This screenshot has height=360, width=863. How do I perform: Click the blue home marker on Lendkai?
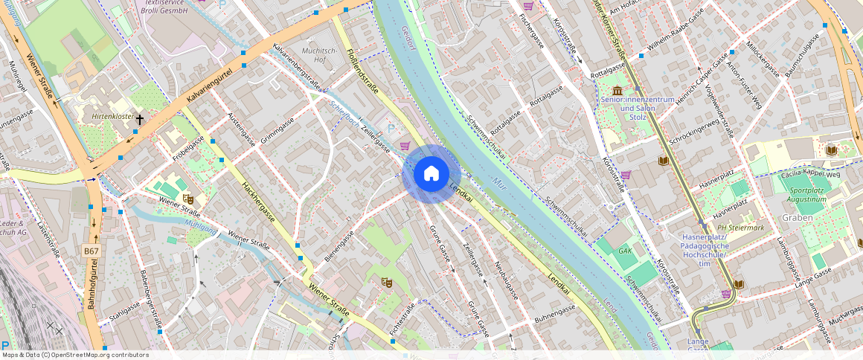pos(431,174)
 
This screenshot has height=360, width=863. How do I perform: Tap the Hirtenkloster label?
pos(112,118)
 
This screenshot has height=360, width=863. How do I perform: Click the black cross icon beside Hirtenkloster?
pos(139,118)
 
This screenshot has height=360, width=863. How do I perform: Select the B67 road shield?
pos(91,251)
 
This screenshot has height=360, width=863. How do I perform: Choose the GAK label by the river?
pos(625,251)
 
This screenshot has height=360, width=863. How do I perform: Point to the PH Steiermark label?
pos(740,228)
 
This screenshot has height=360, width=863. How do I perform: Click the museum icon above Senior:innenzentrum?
pos(617,89)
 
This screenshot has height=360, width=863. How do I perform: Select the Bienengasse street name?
pos(340,246)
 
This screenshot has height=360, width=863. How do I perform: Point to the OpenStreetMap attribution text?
pos(74,355)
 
